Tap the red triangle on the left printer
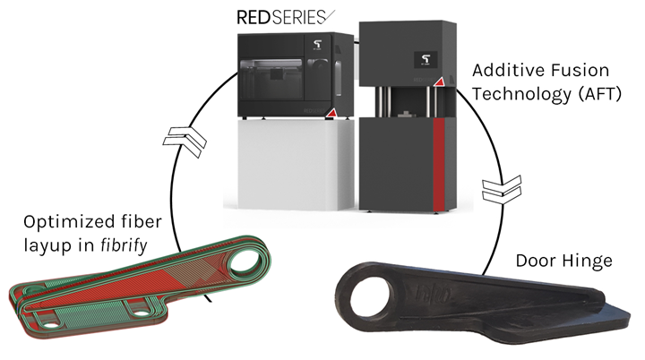click(x=331, y=112)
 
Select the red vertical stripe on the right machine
click(x=438, y=161)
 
